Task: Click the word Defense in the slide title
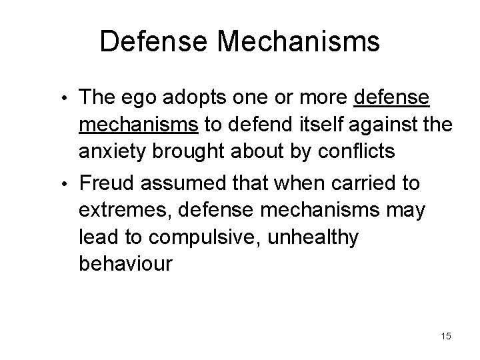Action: point(154,42)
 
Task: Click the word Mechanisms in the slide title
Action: point(299,42)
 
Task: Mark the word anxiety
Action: point(114,153)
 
